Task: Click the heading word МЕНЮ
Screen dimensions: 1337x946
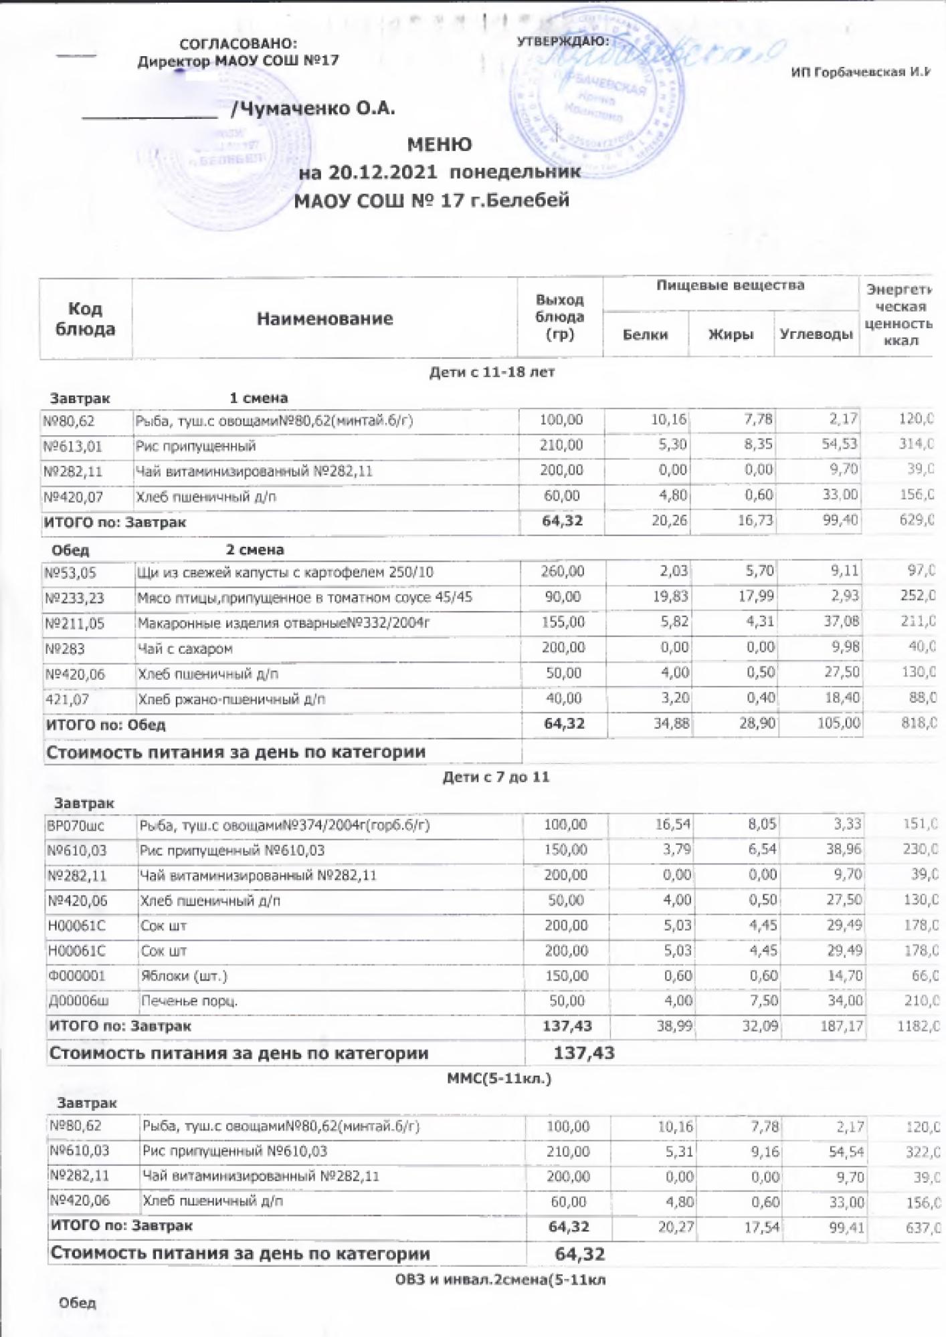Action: tap(440, 144)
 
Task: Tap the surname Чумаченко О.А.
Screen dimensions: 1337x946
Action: tap(312, 108)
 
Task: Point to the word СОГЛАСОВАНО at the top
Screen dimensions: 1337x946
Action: tap(238, 44)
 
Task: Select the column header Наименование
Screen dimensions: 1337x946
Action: tap(324, 319)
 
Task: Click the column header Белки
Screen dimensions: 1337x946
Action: tap(645, 335)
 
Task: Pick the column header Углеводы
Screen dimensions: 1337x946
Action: tap(816, 334)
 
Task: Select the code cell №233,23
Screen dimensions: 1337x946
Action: tap(74, 598)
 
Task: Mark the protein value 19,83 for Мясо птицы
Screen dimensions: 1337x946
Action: tap(670, 596)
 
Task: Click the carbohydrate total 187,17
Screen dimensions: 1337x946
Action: tap(842, 1025)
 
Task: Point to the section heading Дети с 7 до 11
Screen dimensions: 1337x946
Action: tap(496, 777)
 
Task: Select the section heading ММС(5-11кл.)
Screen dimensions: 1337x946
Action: tap(498, 1078)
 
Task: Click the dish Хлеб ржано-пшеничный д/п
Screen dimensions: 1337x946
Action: tap(231, 699)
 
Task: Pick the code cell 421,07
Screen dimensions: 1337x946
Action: tap(67, 699)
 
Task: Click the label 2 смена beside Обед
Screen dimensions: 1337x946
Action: tap(255, 550)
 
